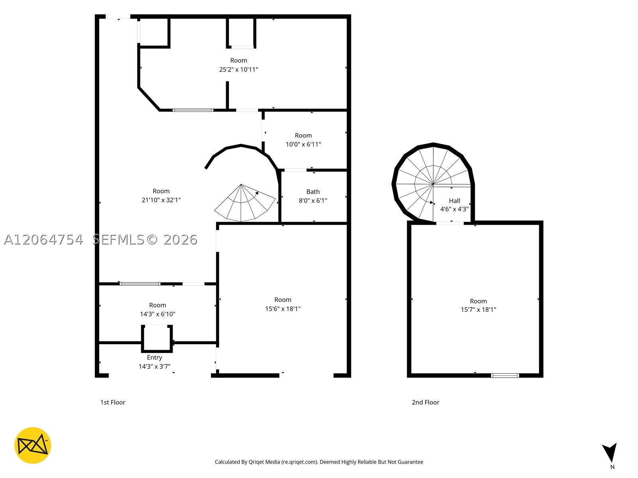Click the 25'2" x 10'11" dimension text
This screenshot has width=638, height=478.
238,69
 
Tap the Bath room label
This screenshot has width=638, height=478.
313,192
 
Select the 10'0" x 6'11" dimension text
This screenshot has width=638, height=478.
303,144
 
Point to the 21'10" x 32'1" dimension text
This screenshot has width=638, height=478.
161,200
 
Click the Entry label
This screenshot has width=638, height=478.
154,358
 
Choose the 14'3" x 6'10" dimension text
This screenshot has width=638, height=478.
158,314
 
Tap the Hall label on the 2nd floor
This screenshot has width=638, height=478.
454,201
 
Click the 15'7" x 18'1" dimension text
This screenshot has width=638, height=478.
478,310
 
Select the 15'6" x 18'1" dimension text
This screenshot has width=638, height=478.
283,309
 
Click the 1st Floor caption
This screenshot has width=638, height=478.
113,402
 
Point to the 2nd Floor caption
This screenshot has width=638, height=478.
425,402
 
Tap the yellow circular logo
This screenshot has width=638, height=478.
33,445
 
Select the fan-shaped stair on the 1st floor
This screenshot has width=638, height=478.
245,203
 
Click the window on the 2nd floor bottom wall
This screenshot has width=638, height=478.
505,376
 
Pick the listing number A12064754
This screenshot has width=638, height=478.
43,240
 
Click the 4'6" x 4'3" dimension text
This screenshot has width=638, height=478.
454,209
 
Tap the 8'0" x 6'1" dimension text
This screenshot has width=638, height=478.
313,200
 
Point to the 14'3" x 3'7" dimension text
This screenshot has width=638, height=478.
154,366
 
